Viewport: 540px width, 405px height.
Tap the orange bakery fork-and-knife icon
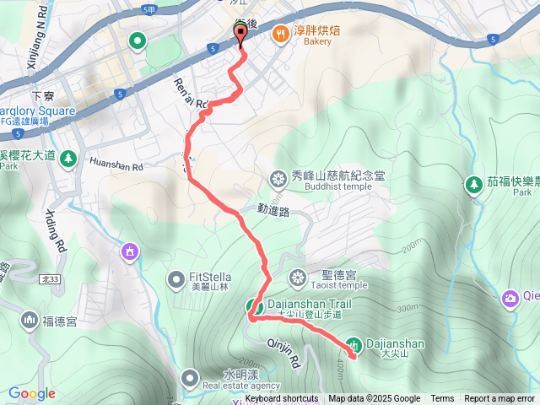pos(278,35)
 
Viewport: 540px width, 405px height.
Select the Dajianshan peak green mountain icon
pos(355,343)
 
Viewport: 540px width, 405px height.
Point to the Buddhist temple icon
pos(278,178)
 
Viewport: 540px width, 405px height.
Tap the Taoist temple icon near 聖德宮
pos(297,276)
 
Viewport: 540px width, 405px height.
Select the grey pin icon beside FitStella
pos(176,278)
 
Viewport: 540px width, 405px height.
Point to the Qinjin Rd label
pos(283,351)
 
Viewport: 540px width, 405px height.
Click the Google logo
pos(32,393)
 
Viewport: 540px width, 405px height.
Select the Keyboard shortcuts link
pos(282,399)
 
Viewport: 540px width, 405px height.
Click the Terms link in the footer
pos(442,399)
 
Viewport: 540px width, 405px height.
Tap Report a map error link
pos(499,399)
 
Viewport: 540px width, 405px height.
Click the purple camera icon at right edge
pos(510,297)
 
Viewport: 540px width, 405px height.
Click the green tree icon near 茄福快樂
pos(474,183)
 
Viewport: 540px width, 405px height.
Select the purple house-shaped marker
pos(129,251)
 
